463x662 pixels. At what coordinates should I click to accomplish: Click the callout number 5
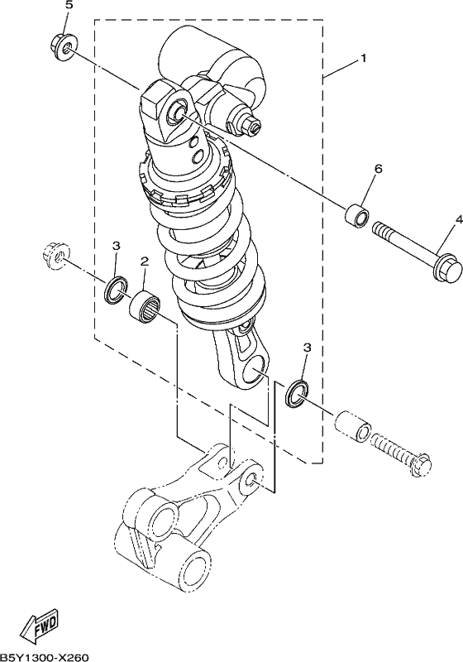(69, 6)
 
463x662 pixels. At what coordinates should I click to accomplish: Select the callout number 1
(363, 58)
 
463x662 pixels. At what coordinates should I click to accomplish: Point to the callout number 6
(378, 169)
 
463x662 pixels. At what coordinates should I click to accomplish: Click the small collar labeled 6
(356, 215)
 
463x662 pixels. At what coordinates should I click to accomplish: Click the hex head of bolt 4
(446, 266)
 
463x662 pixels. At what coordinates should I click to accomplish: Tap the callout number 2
(145, 261)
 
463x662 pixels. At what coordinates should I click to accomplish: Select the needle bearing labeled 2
(146, 308)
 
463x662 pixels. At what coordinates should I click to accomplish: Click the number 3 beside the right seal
(307, 347)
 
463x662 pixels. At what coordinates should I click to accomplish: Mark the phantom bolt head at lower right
(420, 466)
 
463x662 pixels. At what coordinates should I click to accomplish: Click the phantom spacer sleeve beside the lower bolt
(353, 425)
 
